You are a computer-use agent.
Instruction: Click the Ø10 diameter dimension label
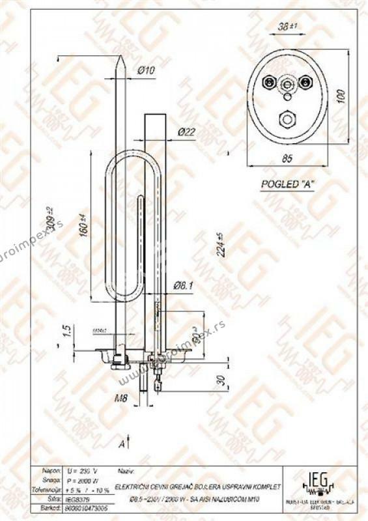click(x=147, y=70)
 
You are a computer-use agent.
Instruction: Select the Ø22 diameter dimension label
click(x=187, y=132)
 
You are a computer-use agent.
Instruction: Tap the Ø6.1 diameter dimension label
click(x=185, y=285)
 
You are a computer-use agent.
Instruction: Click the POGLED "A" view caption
click(x=287, y=184)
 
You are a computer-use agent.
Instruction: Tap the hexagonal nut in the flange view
click(x=287, y=119)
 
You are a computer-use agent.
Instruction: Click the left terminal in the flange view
click(x=268, y=82)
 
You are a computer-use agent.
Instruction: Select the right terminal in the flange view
click(x=305, y=82)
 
